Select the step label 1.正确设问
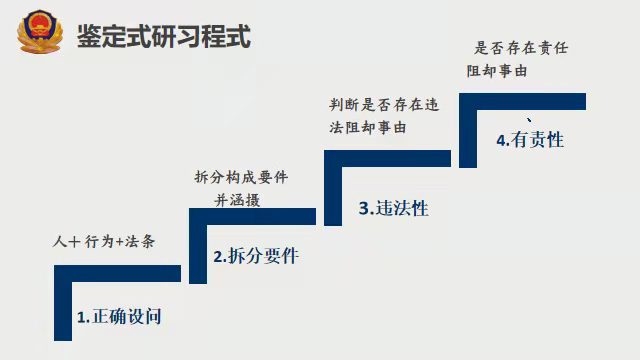pyautogui.click(x=119, y=317)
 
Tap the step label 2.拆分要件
pyautogui.click(x=256, y=256)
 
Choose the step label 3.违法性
pyautogui.click(x=393, y=208)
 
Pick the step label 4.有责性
pyautogui.click(x=530, y=140)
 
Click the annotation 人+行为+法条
pyautogui.click(x=103, y=241)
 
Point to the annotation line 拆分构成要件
pyautogui.click(x=241, y=177)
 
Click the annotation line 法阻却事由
pyautogui.click(x=369, y=127)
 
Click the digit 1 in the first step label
pyautogui.click(x=81, y=318)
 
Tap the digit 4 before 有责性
pyautogui.click(x=500, y=141)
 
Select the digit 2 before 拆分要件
pyautogui.click(x=218, y=257)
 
